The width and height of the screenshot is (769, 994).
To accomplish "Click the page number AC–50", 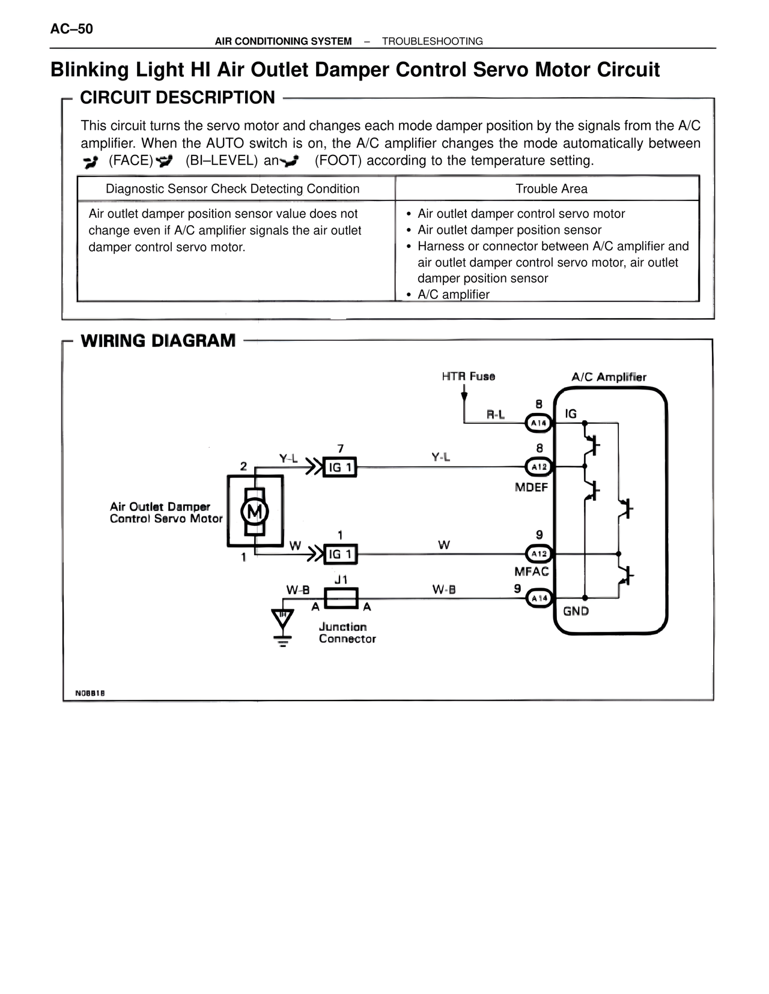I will [71, 29].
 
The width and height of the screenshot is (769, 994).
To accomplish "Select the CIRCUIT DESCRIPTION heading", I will [177, 97].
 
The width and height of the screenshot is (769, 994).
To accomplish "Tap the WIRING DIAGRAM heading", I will [158, 340].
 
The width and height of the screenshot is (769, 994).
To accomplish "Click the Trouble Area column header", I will [551, 188].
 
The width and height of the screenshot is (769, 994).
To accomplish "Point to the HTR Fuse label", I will [468, 376].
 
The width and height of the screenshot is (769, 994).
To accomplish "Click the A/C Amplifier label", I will [608, 377].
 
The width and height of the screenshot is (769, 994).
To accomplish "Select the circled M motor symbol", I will [255, 511].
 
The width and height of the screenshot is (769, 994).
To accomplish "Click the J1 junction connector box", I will [341, 598].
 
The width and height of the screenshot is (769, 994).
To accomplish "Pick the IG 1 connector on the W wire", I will [340, 554].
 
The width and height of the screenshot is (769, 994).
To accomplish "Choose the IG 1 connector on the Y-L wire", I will [340, 467].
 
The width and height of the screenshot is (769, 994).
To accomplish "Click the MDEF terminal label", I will [531, 487].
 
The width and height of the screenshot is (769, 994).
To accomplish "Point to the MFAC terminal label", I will [531, 571].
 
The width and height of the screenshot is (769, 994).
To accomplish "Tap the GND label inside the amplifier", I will [576, 611].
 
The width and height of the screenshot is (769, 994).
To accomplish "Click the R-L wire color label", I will [495, 414].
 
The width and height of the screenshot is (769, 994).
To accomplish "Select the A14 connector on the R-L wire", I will [538, 423].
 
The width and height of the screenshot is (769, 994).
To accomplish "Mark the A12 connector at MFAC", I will [538, 553].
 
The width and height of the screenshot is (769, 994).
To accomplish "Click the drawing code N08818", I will [90, 693].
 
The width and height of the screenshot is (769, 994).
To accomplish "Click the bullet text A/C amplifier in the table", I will [453, 294].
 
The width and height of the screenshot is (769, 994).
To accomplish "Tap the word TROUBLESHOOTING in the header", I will [432, 41].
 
